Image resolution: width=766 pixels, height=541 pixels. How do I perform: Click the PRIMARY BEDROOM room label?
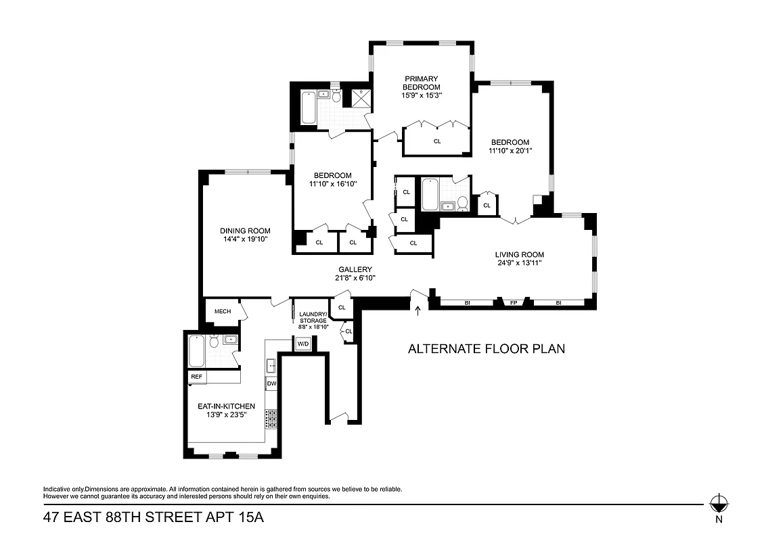click(421, 83)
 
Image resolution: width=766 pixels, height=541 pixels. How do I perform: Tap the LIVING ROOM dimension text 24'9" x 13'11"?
click(519, 263)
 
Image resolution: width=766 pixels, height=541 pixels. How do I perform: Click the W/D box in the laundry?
click(302, 344)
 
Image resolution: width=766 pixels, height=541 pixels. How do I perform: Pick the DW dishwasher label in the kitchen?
click(271, 383)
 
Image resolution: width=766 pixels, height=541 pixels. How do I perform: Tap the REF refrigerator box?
click(197, 377)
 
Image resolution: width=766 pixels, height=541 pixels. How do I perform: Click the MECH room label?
click(223, 312)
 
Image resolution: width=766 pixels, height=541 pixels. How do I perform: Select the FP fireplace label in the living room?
click(514, 303)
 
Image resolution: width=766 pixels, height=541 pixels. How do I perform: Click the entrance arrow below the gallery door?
click(418, 311)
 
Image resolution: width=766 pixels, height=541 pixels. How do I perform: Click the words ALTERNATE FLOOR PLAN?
click(486, 349)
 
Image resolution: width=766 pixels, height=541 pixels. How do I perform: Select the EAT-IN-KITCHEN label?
click(226, 406)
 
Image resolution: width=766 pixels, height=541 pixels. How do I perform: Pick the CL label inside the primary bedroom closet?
click(437, 141)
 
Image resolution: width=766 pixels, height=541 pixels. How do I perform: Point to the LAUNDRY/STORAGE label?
click(313, 317)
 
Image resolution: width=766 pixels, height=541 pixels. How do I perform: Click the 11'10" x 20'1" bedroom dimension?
click(510, 151)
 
